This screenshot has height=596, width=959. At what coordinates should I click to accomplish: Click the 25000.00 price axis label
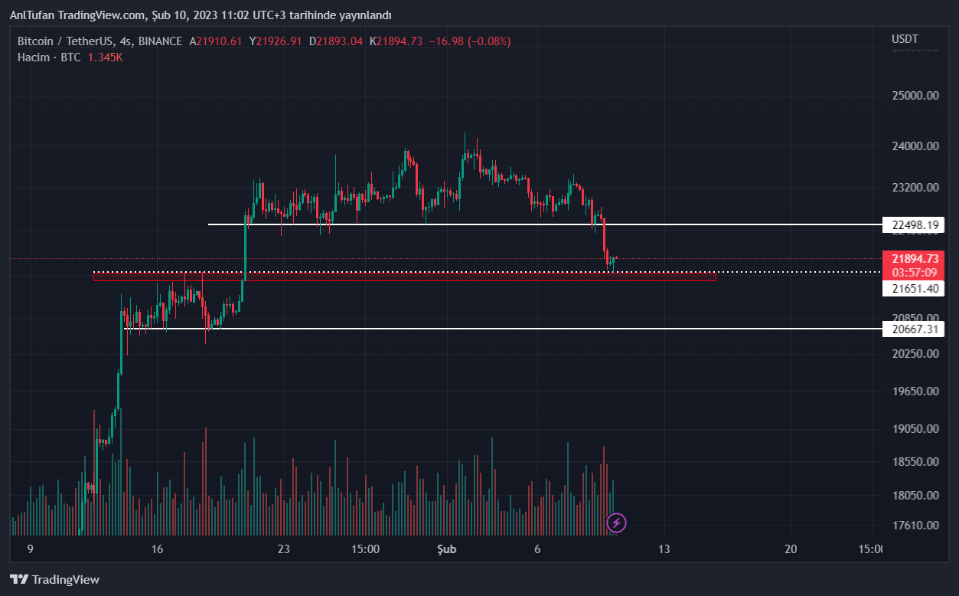pyautogui.click(x=915, y=96)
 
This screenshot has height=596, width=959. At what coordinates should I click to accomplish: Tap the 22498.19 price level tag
pyautogui.click(x=914, y=224)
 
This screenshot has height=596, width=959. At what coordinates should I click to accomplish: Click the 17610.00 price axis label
pyautogui.click(x=915, y=526)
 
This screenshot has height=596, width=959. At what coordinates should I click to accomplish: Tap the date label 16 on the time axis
pyautogui.click(x=158, y=549)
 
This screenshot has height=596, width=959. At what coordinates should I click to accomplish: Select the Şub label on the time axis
pyautogui.click(x=446, y=549)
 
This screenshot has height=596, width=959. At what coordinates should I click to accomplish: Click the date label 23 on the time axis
pyautogui.click(x=284, y=549)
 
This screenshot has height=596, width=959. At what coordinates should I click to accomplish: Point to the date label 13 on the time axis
pyautogui.click(x=664, y=549)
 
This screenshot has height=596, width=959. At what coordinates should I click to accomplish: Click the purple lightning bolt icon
pyautogui.click(x=617, y=523)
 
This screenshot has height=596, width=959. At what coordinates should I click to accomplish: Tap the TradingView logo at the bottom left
pyautogui.click(x=54, y=579)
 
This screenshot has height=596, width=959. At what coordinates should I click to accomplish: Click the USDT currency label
pyautogui.click(x=905, y=39)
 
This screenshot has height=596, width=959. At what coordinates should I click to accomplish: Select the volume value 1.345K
pyautogui.click(x=105, y=57)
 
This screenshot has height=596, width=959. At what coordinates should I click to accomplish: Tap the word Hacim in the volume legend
pyautogui.click(x=34, y=57)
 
